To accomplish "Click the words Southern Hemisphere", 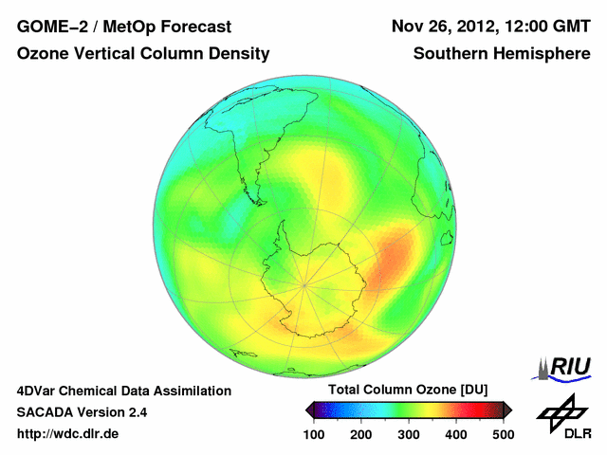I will (x=501, y=54).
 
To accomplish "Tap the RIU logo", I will (x=567, y=368).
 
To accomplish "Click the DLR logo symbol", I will (x=561, y=412).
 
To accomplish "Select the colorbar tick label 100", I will (x=314, y=434).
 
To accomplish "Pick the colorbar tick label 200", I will (x=361, y=434).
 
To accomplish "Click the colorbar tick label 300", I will (x=409, y=434).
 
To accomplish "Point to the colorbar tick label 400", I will (x=456, y=434).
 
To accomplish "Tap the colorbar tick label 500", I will (x=503, y=434).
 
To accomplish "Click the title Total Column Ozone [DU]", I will (x=408, y=391).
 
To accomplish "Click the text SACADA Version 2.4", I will (x=82, y=412).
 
